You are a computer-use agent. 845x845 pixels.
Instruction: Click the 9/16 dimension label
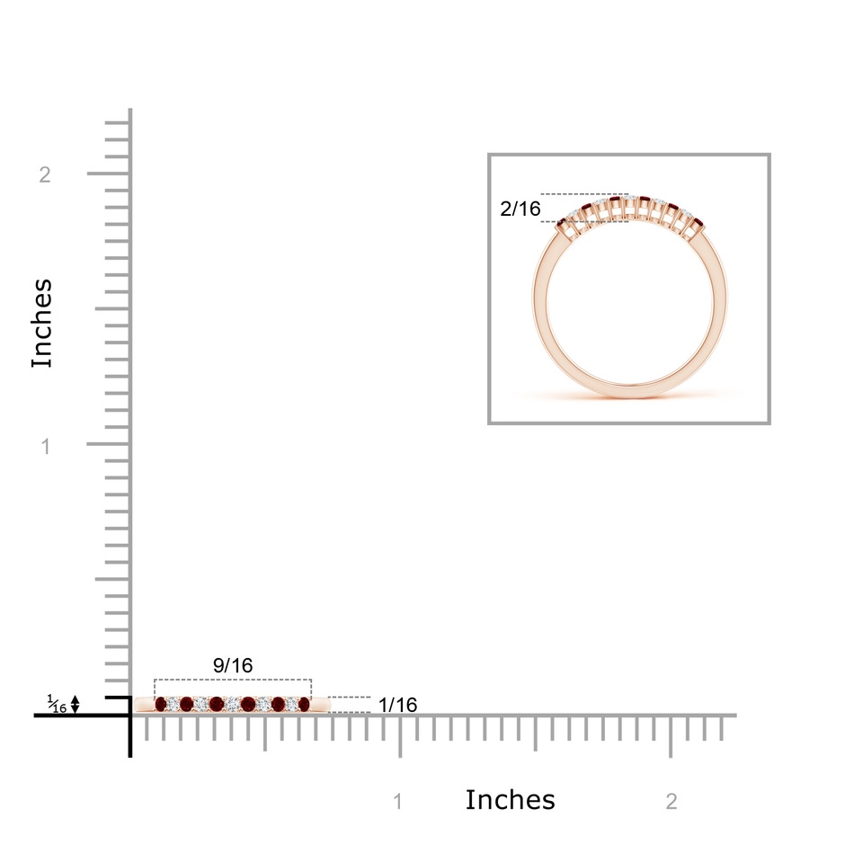tap(233, 665)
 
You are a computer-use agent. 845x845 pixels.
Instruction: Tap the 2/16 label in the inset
tap(520, 209)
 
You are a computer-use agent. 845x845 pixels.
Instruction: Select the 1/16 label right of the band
tap(397, 705)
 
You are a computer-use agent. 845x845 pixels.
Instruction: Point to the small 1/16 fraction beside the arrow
tap(57, 704)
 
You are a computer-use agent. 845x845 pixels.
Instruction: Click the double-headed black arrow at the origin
tap(76, 705)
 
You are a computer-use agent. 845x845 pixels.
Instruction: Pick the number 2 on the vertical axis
tap(45, 174)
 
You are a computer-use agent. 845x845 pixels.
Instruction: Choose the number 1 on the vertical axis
tap(46, 446)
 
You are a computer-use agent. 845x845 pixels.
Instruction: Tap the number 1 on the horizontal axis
tap(398, 802)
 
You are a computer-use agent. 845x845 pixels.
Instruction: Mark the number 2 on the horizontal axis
tap(672, 802)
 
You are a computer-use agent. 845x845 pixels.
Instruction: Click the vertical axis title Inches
tap(42, 324)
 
